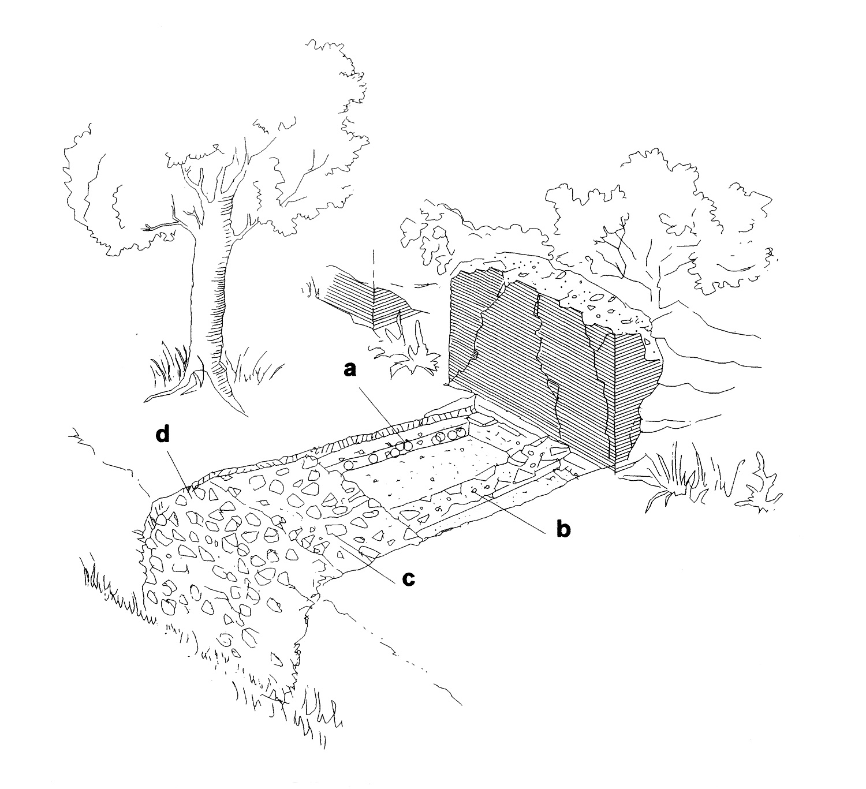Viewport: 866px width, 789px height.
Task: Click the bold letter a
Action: pyautogui.click(x=350, y=369)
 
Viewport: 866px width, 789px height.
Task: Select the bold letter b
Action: pyautogui.click(x=563, y=528)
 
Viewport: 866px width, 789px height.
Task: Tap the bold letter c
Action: pyautogui.click(x=408, y=579)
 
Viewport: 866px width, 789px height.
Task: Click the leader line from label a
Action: pyautogui.click(x=383, y=415)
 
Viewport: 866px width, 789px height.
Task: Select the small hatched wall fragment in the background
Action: pyautogui.click(x=371, y=302)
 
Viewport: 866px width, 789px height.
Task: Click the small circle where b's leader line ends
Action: pyautogui.click(x=475, y=491)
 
